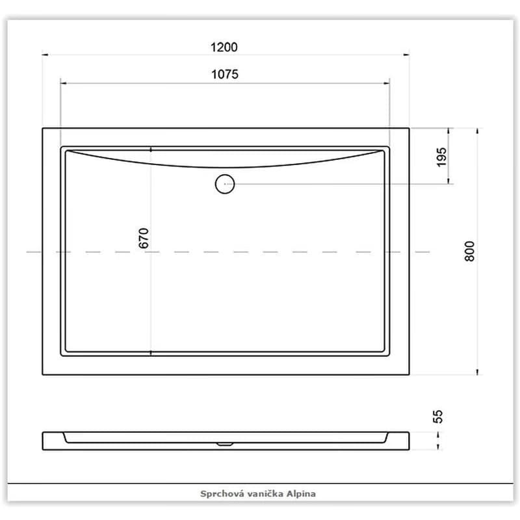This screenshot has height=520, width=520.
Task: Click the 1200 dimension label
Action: (224, 47)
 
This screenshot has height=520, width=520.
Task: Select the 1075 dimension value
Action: (225, 74)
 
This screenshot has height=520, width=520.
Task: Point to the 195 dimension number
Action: (441, 157)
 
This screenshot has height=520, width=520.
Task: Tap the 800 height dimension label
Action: (469, 252)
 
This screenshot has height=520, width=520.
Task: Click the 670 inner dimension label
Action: (144, 238)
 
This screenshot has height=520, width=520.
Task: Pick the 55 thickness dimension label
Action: (437, 417)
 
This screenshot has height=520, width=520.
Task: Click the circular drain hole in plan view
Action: (225, 184)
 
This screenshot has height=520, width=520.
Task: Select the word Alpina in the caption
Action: (301, 494)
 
